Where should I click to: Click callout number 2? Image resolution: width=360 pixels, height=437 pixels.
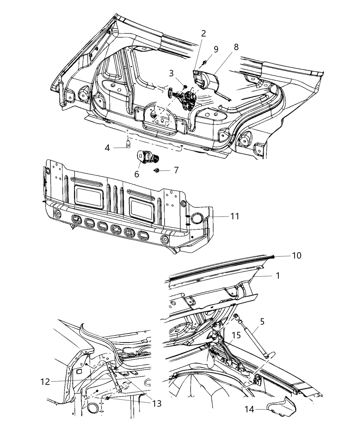(203, 34)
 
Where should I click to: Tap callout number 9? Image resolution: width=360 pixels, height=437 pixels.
(216, 49)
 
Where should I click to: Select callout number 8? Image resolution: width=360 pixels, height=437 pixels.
(236, 47)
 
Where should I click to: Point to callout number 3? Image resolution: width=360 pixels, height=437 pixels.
(171, 73)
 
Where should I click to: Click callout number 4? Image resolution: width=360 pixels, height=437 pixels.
(107, 148)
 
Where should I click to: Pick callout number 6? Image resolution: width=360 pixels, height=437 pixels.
(137, 174)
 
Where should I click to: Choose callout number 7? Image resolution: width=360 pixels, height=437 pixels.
(176, 170)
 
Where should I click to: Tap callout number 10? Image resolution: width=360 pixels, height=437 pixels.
(297, 256)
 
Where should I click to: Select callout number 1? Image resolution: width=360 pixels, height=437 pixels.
(278, 275)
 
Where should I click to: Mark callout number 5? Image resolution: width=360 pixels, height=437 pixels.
(262, 322)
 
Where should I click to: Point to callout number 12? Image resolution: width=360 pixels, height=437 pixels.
(45, 381)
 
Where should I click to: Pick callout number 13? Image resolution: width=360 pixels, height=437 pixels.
(157, 403)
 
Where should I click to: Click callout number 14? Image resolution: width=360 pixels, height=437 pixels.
(249, 409)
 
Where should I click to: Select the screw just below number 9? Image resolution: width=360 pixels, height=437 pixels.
(205, 62)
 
